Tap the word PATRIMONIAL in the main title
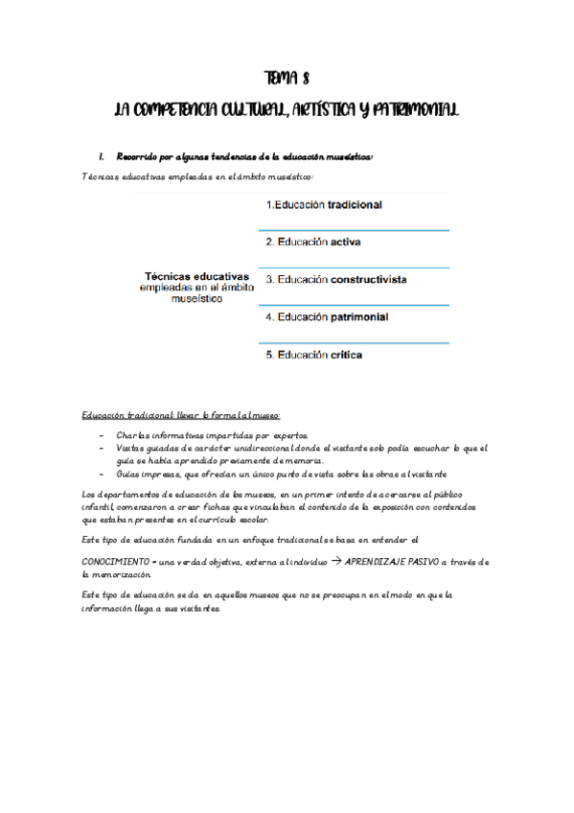pyautogui.click(x=406, y=111)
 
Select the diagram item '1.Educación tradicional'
pyautogui.click(x=324, y=205)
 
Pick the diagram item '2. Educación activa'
pyautogui.click(x=312, y=243)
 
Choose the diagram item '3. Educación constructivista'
pyautogui.click(x=335, y=280)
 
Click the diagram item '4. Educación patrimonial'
pyautogui.click(x=327, y=317)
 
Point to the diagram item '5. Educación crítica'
pyautogui.click(x=314, y=356)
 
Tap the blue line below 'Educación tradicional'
pyautogui.click(x=354, y=230)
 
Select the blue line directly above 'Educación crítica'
pyautogui.click(x=354, y=342)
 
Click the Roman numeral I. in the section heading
pyautogui.click(x=101, y=155)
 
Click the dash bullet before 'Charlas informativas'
pyautogui.click(x=103, y=435)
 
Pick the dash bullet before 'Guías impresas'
pyautogui.click(x=103, y=475)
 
